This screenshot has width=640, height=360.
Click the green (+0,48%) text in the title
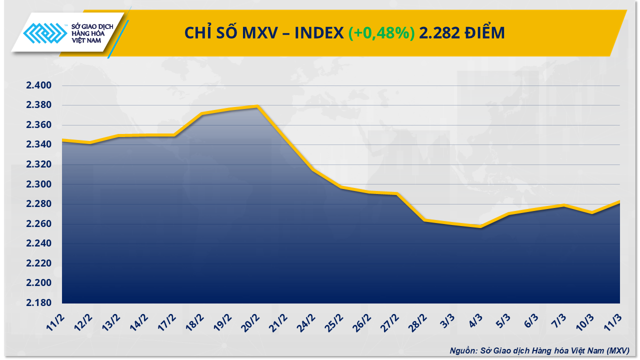[381, 33]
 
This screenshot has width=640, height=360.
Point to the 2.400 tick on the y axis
[39, 85]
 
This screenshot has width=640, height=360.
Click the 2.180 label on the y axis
[39, 303]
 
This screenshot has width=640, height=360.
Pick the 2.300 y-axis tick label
[39, 184]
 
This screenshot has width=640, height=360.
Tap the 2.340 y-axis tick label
[39, 145]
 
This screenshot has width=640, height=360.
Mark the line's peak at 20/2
[257, 106]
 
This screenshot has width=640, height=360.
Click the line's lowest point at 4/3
[480, 226]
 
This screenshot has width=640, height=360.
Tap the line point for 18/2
[201, 113]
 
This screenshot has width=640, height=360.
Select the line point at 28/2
[424, 220]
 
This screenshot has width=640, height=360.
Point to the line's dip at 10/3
[592, 212]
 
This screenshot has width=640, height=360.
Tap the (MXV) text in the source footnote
[617, 350]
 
